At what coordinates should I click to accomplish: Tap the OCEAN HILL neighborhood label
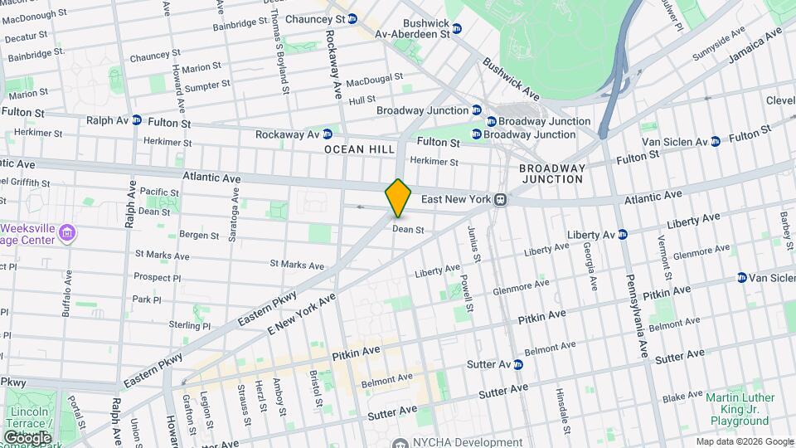pyautogui.click(x=357, y=149)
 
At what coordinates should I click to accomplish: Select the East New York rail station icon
pyautogui.click(x=501, y=199)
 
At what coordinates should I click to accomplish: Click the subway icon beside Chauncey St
pyautogui.click(x=352, y=18)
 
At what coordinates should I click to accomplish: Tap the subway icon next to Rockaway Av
pyautogui.click(x=328, y=134)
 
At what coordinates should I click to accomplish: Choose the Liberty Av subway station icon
pyautogui.click(x=623, y=235)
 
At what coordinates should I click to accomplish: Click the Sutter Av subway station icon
pyautogui.click(x=518, y=364)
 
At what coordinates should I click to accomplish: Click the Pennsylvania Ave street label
pyautogui.click(x=636, y=315)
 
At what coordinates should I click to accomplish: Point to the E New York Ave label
pyautogui.click(x=301, y=313)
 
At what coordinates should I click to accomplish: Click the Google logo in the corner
pyautogui.click(x=27, y=437)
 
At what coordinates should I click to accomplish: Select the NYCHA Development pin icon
pyautogui.click(x=400, y=442)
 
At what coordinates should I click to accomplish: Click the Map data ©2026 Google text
pyautogui.click(x=744, y=441)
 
